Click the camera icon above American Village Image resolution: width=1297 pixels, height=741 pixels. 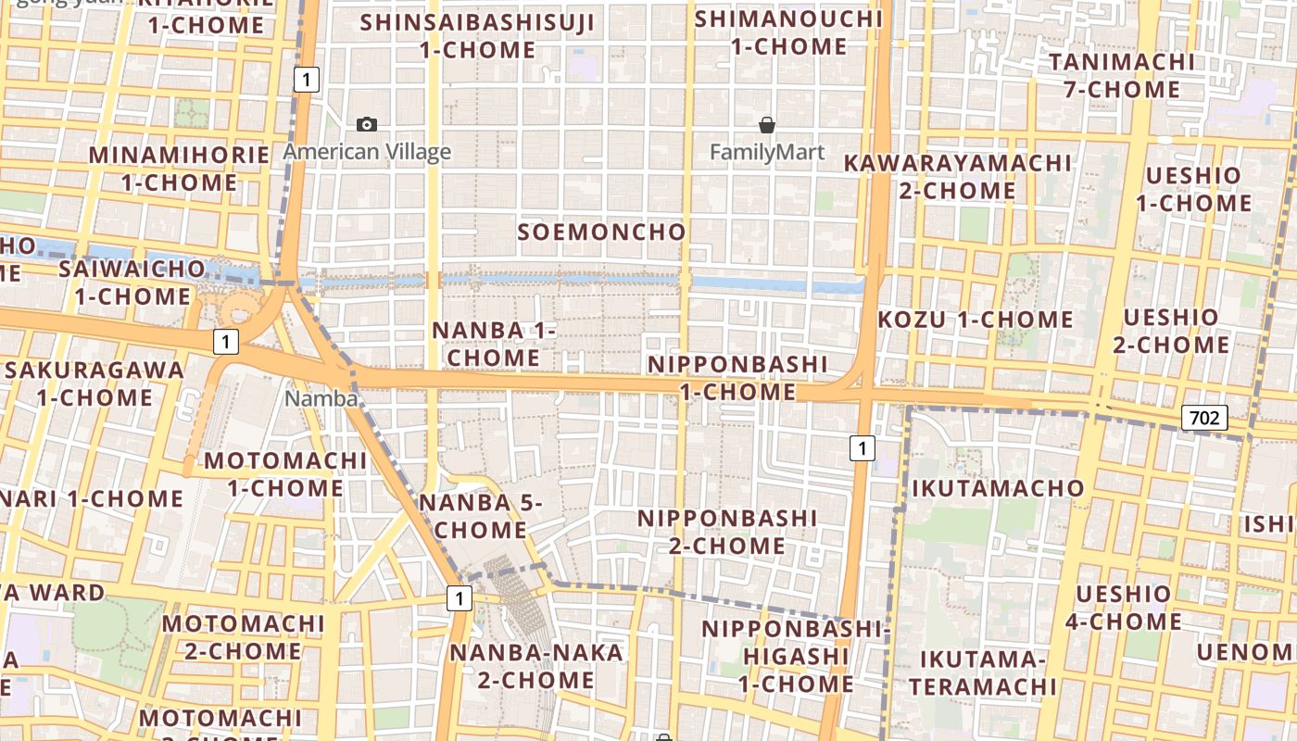pos(367,124)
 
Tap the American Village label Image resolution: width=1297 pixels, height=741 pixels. pos(367,152)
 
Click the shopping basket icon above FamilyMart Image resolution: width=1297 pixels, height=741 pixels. pos(767,124)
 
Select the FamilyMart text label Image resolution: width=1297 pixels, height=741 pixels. pos(767,152)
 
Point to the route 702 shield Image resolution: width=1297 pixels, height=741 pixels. pos(1203,418)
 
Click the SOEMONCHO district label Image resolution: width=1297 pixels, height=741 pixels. pos(602,232)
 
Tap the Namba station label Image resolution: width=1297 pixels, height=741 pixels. pos(321,398)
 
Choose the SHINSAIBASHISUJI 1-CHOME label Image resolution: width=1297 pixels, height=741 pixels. pos(478,35)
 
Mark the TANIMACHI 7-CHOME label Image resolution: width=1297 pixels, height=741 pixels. pos(1122,76)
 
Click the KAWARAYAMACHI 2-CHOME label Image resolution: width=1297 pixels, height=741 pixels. pos(957,176)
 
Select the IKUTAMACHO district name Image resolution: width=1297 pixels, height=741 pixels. pos(998,488)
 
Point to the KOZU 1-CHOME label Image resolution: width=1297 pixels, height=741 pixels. pos(975,320)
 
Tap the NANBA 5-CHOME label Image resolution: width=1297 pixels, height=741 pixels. pos(472,516)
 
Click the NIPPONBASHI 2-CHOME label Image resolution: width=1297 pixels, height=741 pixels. pos(727,532)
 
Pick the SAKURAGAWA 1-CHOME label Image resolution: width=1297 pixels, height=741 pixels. pos(94,383)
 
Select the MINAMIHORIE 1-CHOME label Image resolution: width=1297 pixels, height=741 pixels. pos(179,169)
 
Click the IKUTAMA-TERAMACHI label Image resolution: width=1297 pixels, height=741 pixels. pos(982,672)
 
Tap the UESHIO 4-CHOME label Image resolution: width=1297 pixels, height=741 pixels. pos(1123,607)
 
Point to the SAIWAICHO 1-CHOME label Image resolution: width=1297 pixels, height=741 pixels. pos(132,283)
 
